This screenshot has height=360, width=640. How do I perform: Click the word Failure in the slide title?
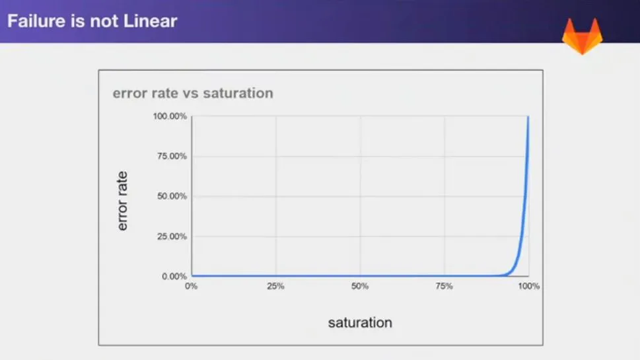37,21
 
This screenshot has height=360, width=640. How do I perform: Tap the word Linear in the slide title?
151,21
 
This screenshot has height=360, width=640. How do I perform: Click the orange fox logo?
583,36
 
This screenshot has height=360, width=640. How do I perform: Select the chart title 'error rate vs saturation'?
193,93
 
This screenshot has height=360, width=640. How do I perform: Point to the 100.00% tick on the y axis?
170,116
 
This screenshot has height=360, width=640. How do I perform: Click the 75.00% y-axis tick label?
172,157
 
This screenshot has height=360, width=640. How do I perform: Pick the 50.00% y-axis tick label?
172,196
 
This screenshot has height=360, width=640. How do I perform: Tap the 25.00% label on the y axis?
172,236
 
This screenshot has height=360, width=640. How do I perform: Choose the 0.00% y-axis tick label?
174,276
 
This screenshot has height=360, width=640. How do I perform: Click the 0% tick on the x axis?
191,286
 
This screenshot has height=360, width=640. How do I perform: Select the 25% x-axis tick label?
275,286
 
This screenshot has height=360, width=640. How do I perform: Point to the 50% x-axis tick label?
359,286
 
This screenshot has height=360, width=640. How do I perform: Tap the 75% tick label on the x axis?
444,286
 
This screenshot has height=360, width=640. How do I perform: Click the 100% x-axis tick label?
528,286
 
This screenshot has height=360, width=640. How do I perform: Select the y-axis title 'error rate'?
122,201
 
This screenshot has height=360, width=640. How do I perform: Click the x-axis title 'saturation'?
360,323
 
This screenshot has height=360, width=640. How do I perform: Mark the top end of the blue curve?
528,117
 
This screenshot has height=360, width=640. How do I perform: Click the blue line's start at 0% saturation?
192,276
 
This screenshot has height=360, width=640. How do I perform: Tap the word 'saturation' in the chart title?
238,93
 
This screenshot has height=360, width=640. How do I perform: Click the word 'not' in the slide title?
104,21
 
